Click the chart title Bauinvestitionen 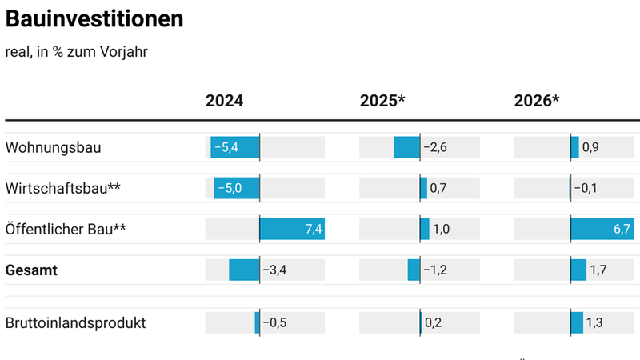(94, 18)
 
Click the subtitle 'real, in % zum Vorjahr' (76, 52)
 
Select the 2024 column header (224, 101)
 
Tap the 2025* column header (382, 101)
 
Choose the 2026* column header (536, 101)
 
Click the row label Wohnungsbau (53, 147)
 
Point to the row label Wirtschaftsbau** (63, 188)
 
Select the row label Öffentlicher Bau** (66, 230)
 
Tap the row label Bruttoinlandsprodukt (75, 323)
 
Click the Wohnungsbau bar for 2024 (235, 147)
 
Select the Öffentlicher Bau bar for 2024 (291, 230)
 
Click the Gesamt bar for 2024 (244, 270)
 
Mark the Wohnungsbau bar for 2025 (406, 147)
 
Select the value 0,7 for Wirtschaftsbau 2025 (438, 188)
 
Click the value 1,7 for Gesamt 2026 (598, 270)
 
